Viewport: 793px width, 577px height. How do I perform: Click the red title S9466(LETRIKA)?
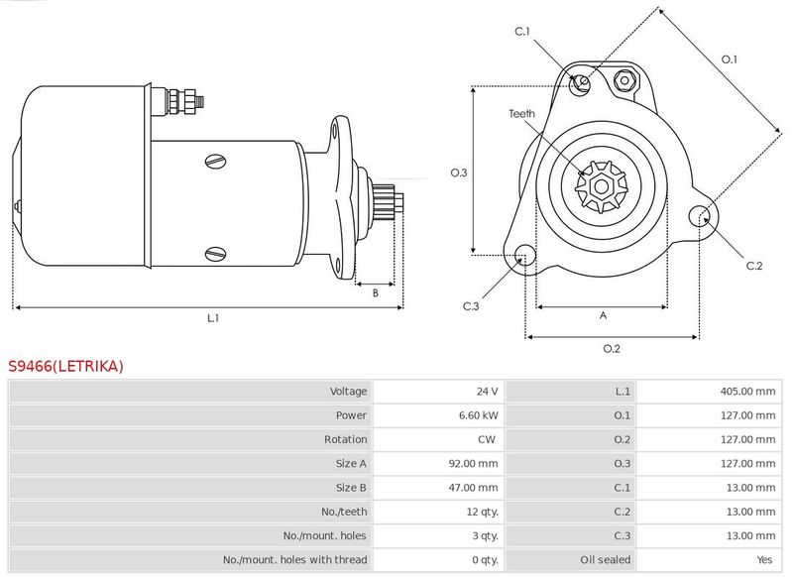tap(65, 366)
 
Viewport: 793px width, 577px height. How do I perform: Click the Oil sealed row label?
tap(605, 560)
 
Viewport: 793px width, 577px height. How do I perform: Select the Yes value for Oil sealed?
tap(764, 560)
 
